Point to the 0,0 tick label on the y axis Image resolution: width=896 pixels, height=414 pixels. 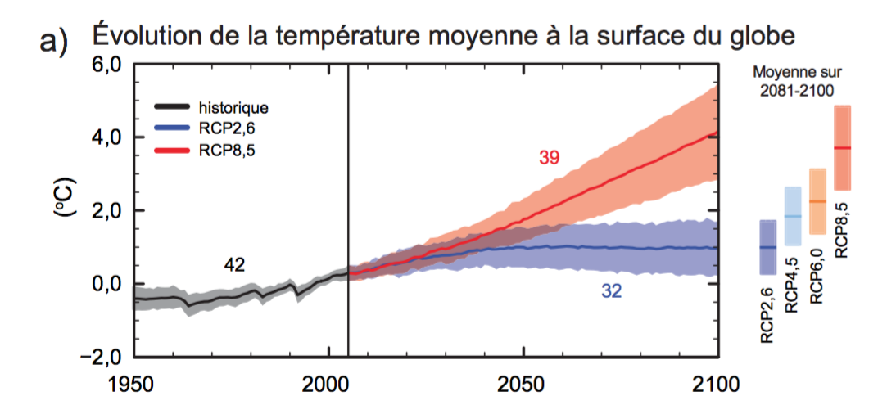pos(105,284)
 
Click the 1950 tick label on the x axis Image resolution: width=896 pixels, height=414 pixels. pos(133,385)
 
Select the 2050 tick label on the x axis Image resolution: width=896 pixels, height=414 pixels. pos(523,385)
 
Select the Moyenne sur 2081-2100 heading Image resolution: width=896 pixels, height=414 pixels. pos(796,82)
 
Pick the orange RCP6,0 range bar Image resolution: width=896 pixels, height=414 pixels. pos(817,201)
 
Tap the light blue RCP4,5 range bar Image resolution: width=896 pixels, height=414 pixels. pos(793,216)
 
